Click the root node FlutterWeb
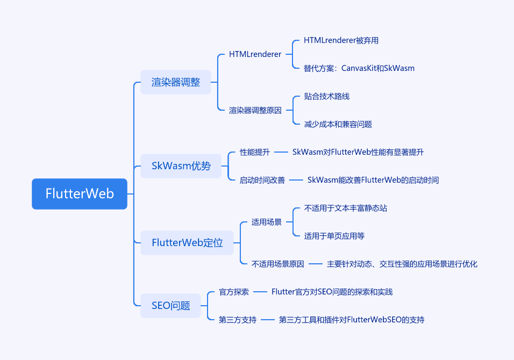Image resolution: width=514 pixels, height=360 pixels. click(80, 193)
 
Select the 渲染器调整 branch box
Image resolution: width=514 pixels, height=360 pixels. click(176, 82)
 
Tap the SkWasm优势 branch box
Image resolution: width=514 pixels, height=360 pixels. click(181, 166)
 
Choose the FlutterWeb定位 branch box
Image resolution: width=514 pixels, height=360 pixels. click(187, 243)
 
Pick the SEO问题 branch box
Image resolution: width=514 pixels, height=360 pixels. click(170, 306)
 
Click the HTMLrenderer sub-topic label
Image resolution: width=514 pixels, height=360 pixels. click(255, 54)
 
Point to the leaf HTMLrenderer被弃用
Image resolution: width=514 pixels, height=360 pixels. click(341, 40)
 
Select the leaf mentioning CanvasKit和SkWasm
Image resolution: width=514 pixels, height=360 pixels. click(359, 68)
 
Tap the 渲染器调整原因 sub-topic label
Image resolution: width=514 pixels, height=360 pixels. click(255, 110)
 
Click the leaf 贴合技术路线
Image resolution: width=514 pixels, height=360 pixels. click(326, 96)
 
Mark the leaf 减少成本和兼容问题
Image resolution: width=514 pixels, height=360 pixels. click(338, 124)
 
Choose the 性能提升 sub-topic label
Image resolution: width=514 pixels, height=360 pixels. click(255, 152)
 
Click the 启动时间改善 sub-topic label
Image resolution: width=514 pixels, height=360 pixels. click(262, 180)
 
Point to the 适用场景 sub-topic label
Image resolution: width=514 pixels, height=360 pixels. click(267, 222)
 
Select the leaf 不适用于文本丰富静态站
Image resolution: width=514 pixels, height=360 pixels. click(346, 208)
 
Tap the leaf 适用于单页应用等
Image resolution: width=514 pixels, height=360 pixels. click(334, 236)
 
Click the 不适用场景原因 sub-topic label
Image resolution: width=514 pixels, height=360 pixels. click(277, 264)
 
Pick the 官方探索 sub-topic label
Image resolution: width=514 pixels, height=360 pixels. click(234, 292)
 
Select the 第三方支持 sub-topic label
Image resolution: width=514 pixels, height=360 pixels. click(237, 320)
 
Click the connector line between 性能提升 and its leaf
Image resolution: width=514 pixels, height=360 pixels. click(281, 152)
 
